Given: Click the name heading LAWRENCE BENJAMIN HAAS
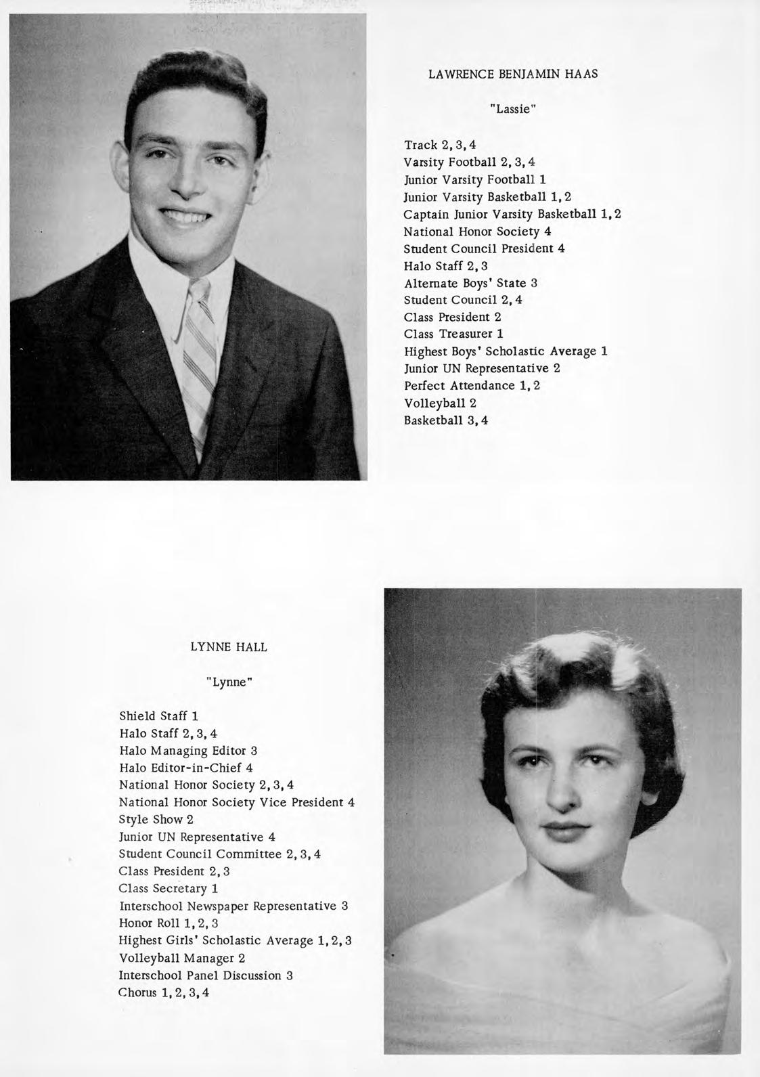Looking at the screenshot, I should click(513, 74).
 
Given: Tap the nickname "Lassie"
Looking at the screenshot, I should click(513, 109).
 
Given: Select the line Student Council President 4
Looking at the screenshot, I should click(484, 248).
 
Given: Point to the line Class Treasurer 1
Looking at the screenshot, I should click(453, 334).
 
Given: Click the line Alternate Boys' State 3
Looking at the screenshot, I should click(470, 283).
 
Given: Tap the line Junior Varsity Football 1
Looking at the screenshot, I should click(474, 179).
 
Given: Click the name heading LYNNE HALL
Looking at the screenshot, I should click(229, 647).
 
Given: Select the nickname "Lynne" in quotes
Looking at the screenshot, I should click(229, 682).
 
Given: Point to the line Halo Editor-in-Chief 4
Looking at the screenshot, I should click(185, 768).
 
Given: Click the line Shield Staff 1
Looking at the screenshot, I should click(158, 716).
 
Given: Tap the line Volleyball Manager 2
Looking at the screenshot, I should click(181, 958).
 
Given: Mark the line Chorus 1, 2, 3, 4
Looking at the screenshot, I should click(164, 993).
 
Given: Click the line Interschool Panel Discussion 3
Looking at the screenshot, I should click(205, 975).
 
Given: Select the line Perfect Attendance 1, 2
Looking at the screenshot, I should click(472, 386).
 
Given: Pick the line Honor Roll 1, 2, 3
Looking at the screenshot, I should click(169, 923).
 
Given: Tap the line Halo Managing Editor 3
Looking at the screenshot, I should click(188, 751).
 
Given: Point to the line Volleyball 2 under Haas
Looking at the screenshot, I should click(440, 403).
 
